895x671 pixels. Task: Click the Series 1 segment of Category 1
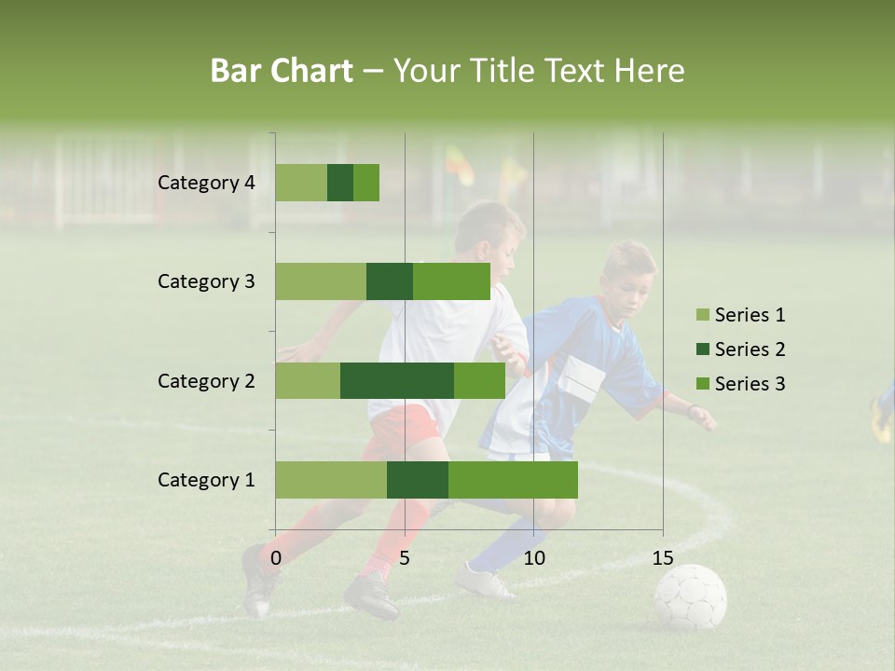(331, 480)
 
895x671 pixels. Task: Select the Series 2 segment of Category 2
(397, 380)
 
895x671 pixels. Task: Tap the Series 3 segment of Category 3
(451, 281)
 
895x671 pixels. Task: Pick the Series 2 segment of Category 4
(340, 183)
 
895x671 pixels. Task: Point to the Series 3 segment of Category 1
(513, 480)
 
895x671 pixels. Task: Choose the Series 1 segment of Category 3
(321, 281)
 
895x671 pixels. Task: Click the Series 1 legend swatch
(702, 315)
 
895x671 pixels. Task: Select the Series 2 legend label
(750, 349)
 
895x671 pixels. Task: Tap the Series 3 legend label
(750, 384)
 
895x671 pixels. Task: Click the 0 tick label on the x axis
(276, 558)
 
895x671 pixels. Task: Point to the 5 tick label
(405, 558)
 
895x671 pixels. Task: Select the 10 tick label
(533, 558)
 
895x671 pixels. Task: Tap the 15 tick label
(663, 558)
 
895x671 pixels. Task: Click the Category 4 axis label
(206, 183)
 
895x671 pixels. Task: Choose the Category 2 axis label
(206, 380)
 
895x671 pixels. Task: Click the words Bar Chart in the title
(282, 71)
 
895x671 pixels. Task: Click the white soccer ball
(690, 596)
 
